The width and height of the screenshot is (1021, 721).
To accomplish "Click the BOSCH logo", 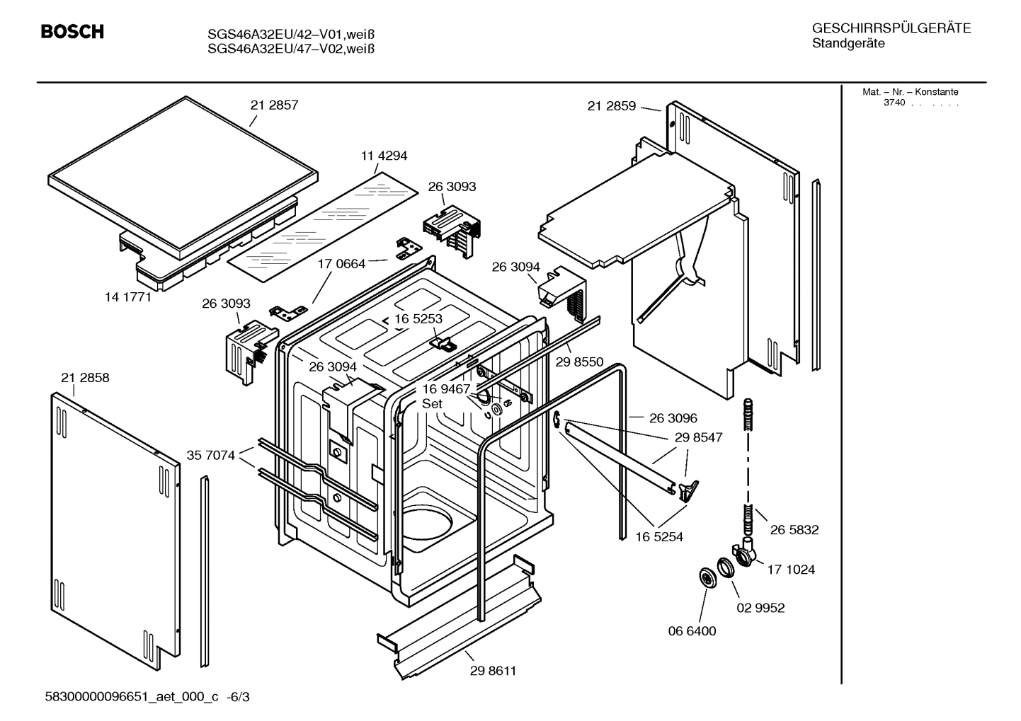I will [72, 32].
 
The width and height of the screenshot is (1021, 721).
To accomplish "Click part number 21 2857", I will [274, 105].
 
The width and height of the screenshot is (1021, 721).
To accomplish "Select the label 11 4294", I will [384, 156].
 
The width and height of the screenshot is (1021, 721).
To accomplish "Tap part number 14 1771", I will [128, 297].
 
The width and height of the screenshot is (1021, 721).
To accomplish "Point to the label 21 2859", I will [611, 106].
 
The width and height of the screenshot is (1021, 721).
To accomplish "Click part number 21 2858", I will [85, 378].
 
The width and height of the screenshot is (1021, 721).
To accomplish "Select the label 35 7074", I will [210, 455].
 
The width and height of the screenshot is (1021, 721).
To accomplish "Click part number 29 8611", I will [493, 671].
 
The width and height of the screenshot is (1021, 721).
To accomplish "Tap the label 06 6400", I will [692, 630].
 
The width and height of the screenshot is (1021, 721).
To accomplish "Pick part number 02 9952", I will [760, 608].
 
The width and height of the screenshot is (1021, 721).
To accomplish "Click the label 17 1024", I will [791, 569].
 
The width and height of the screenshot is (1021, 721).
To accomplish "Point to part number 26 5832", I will [794, 529].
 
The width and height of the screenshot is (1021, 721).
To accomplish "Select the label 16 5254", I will [659, 537].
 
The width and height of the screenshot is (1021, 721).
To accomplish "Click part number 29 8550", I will [579, 362].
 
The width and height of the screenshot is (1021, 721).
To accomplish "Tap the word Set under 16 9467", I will [432, 404].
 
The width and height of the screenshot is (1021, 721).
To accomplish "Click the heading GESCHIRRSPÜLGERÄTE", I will [891, 28].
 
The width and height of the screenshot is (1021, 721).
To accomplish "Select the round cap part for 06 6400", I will [707, 577].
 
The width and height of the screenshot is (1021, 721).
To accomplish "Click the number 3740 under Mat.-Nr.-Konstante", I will [894, 103].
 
